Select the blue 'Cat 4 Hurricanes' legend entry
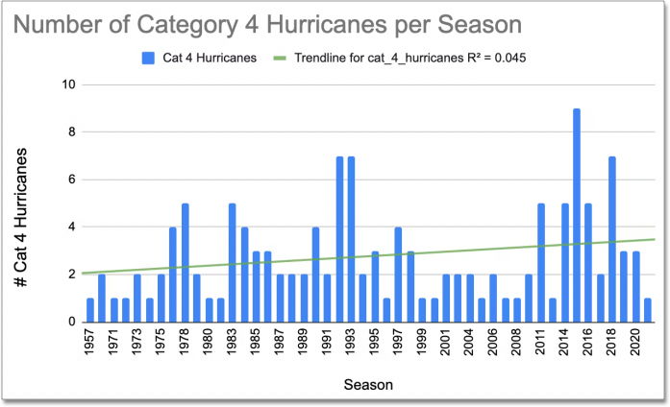tap(198, 57)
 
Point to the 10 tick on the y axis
tap(67, 84)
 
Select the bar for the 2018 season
tap(612, 239)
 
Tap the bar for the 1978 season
tap(185, 263)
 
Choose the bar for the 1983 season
tap(232, 263)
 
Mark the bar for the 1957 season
tap(90, 310)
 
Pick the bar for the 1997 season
tap(398, 275)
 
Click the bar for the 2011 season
tap(541, 263)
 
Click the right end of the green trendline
tap(655, 239)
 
